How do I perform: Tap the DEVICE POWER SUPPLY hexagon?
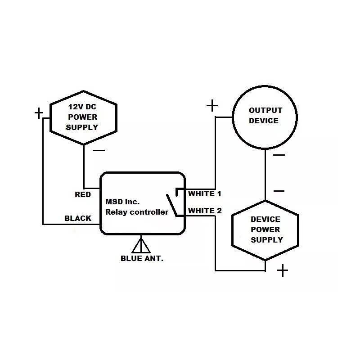(265, 229)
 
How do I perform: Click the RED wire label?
(82, 194)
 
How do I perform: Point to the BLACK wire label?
(78, 218)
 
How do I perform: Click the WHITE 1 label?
(205, 193)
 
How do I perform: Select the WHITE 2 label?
(205, 211)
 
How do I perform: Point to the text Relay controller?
(136, 212)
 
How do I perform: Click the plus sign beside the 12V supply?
(39, 112)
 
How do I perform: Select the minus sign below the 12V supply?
(99, 150)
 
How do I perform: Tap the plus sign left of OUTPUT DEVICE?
(212, 106)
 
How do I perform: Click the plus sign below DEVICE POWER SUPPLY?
(282, 270)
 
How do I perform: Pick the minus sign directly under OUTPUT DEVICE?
(279, 155)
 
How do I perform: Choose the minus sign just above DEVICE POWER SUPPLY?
(279, 191)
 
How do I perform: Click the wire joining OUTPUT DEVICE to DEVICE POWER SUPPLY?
(265, 175)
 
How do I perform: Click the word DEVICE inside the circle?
(264, 121)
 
